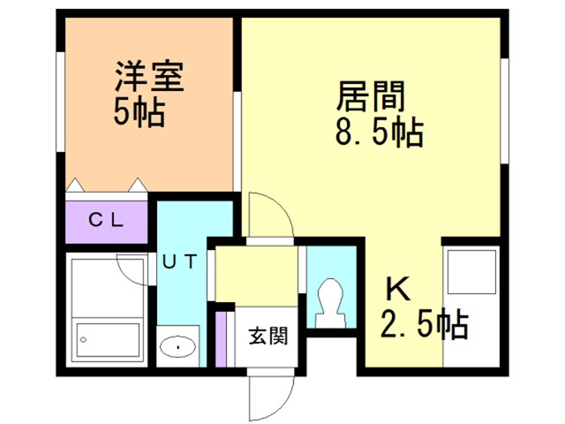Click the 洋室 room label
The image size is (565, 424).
point(149,77)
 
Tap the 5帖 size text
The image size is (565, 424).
point(139,112)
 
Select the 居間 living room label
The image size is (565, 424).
point(371,96)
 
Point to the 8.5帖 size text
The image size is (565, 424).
point(380,132)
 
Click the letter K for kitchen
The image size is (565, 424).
point(398,289)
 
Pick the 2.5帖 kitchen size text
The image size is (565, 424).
point(425,324)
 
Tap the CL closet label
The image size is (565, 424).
point(106,220)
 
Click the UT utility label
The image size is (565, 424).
point(179,261)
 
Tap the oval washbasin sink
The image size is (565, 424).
point(177,347)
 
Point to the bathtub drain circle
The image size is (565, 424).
point(83,339)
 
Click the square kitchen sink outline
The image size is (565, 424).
point(471,272)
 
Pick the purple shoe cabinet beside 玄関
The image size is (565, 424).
point(221,339)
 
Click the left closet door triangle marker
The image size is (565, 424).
point(75,185)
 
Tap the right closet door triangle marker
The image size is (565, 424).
point(138,185)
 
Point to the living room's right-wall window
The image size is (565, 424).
point(504,110)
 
